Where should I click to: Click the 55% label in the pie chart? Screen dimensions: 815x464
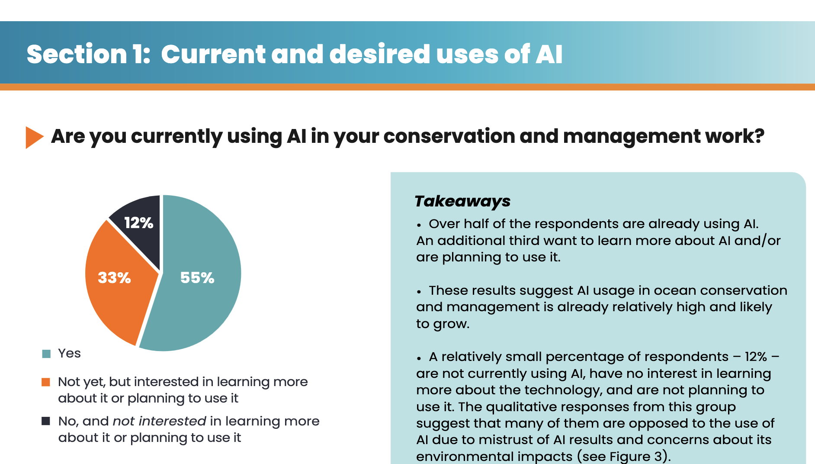[x=197, y=277]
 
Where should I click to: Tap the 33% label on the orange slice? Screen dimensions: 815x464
[x=114, y=277]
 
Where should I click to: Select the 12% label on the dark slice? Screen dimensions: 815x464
[x=138, y=223]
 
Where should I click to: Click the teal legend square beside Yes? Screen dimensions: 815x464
[x=46, y=354]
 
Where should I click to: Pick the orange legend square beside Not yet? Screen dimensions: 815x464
[x=46, y=382]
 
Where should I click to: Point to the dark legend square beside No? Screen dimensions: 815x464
[x=46, y=421]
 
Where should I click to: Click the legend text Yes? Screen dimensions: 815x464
[x=69, y=353]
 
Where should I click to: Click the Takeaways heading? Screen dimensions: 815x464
[x=462, y=201]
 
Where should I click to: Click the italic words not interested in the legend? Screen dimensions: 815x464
[x=160, y=421]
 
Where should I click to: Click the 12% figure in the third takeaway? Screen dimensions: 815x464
[x=756, y=357]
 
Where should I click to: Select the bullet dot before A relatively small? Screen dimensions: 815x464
[x=419, y=358]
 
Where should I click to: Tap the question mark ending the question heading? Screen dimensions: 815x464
[x=760, y=136]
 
